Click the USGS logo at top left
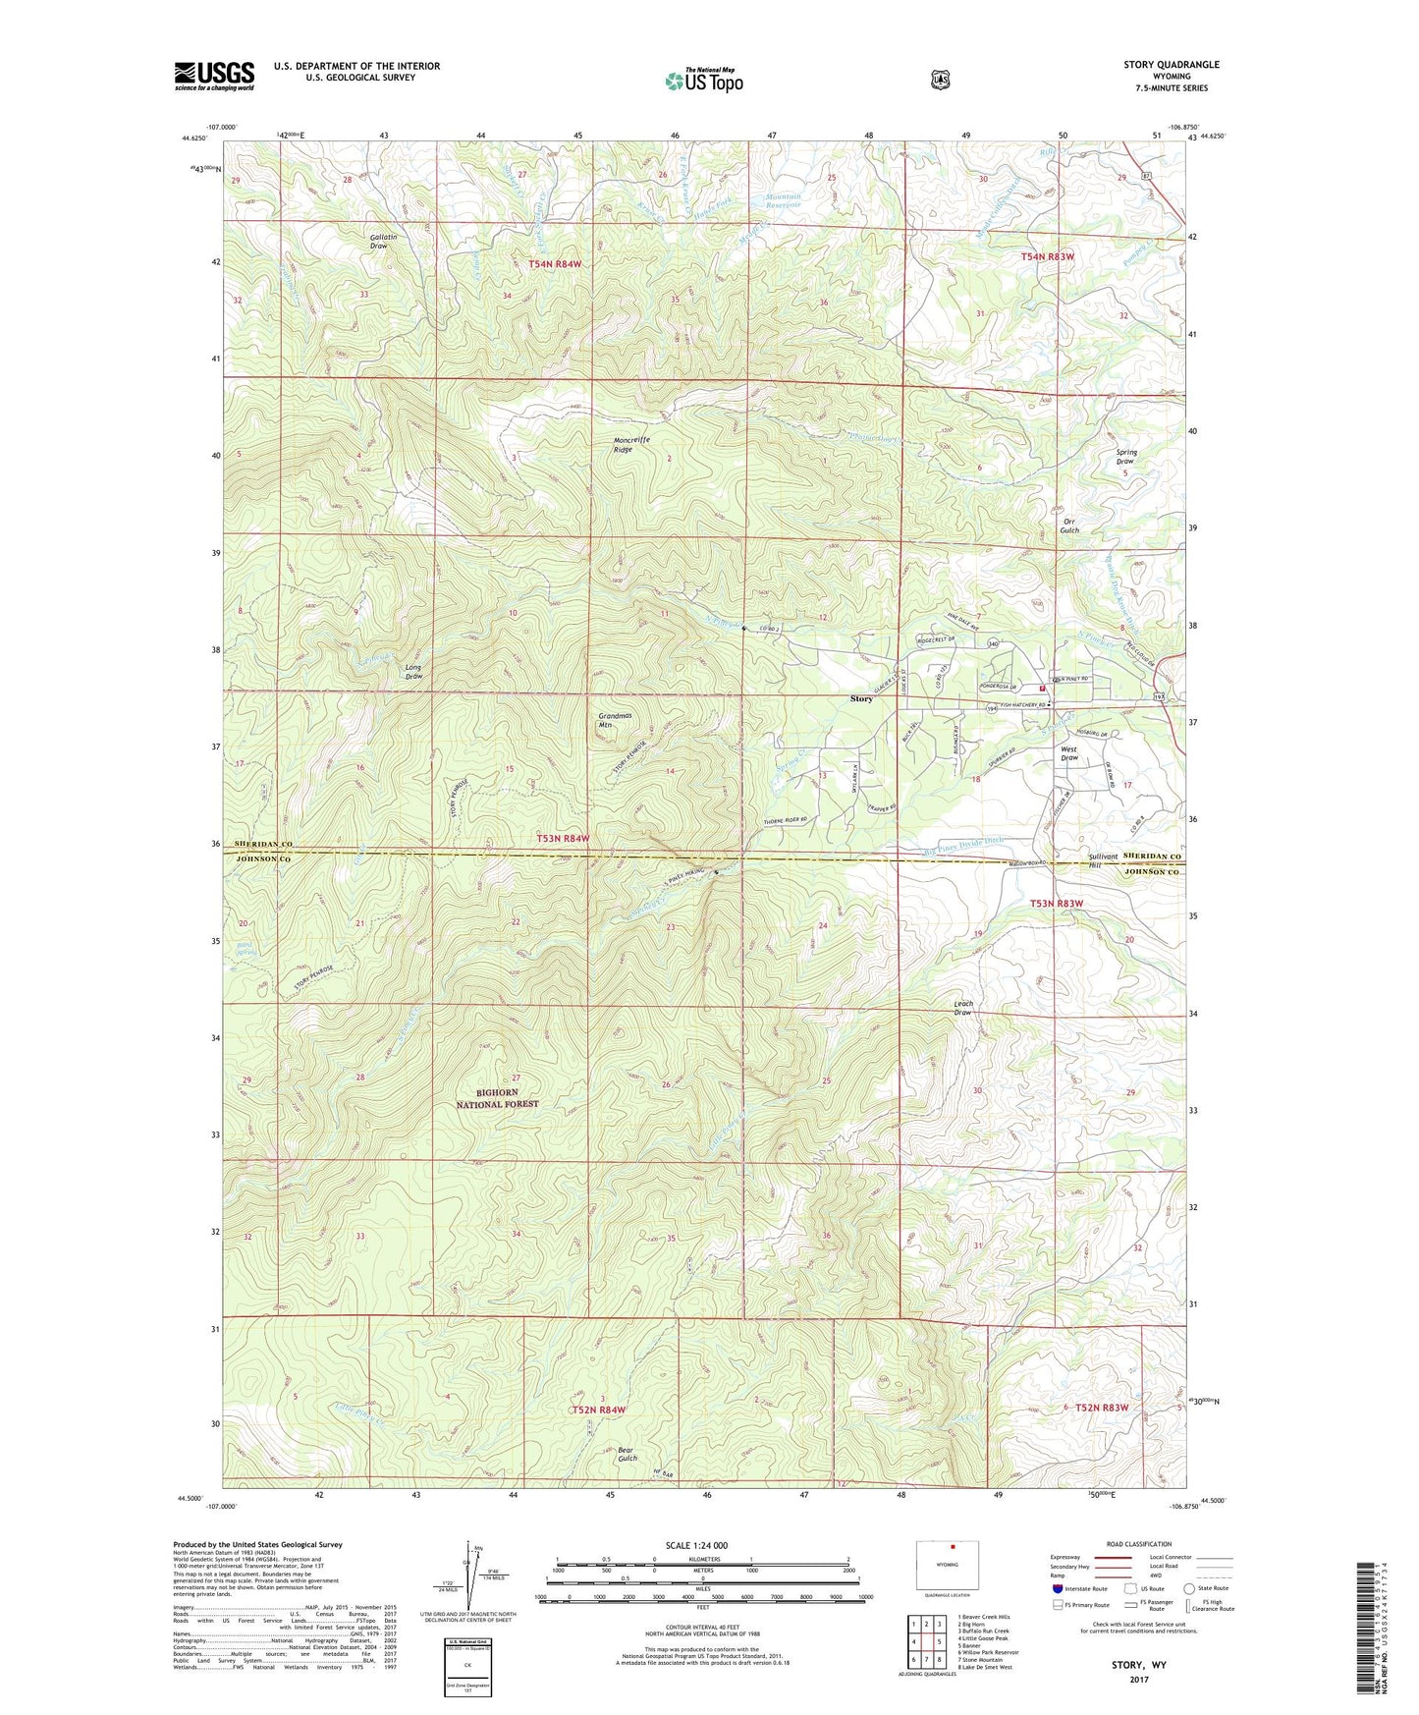tap(214, 75)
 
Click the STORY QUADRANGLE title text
tap(1171, 65)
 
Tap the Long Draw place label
tap(413, 672)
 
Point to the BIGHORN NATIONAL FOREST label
tap(497, 1098)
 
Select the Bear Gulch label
tap(628, 1454)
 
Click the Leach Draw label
tap(963, 1008)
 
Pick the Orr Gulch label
tap(1069, 526)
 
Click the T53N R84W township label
tap(563, 838)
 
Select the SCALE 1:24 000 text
tap(696, 1545)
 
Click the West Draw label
tap(1069, 753)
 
